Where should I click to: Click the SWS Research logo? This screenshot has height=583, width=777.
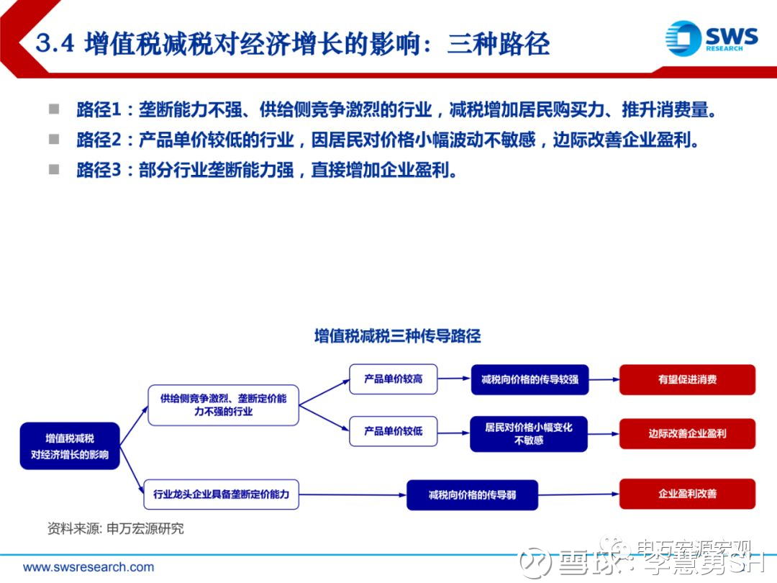point(711,37)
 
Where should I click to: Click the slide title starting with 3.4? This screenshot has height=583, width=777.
point(292,45)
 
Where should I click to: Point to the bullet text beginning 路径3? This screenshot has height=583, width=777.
point(266,171)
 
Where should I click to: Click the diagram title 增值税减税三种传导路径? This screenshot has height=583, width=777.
point(397,336)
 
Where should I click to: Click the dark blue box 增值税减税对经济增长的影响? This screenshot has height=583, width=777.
point(70,446)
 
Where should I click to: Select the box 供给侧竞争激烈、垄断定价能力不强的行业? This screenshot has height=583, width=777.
point(223,405)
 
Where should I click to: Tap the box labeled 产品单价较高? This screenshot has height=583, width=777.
point(393,379)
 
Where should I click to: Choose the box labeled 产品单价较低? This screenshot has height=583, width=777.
point(393,431)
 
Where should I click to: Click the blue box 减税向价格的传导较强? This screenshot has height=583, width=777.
point(530,379)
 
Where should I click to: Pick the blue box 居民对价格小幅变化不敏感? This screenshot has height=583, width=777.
point(529,433)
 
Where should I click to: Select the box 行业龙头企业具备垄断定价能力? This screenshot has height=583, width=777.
point(222,494)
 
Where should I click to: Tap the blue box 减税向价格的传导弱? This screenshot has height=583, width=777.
point(472,494)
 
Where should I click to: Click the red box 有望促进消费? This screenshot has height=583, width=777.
point(687,379)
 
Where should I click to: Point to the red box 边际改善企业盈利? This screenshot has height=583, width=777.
point(687,433)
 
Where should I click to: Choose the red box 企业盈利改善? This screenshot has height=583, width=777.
point(687,494)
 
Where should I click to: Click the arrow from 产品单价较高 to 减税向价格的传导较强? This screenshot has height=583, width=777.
point(453,379)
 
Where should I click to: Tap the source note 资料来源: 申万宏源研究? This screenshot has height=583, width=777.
point(115,528)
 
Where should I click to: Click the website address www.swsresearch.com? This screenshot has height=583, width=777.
point(88,567)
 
